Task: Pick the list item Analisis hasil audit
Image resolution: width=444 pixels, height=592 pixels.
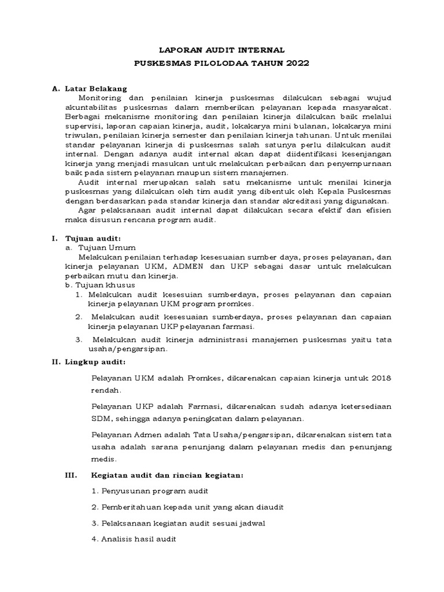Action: pyautogui.click(x=134, y=539)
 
